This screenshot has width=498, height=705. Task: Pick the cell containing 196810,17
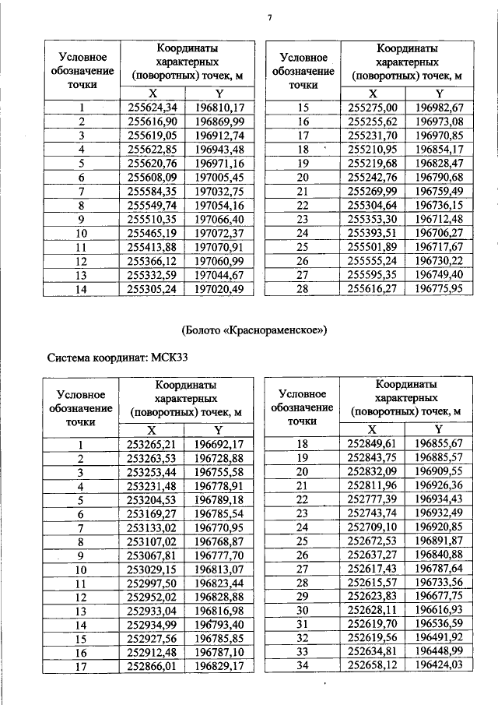[x=219, y=108]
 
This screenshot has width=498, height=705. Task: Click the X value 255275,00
[x=373, y=108]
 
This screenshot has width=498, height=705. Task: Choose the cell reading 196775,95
[x=439, y=288]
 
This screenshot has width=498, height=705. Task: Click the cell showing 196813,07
[x=219, y=569]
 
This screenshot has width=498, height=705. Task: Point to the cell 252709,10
[x=372, y=526]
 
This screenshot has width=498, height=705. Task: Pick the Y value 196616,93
[x=439, y=608]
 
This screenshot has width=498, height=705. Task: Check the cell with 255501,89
[x=373, y=246]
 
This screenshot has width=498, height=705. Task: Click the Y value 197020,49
[x=219, y=288]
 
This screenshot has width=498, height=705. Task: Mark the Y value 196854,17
[x=439, y=149]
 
